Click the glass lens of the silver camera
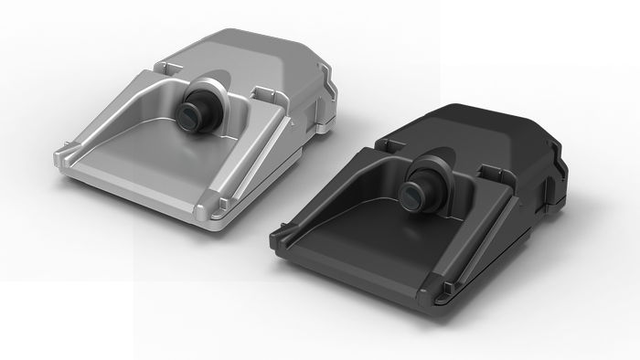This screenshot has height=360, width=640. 190,114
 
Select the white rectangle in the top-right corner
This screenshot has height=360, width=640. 539,32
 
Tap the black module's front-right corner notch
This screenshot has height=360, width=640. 443,291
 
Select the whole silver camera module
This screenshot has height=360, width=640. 197,123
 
